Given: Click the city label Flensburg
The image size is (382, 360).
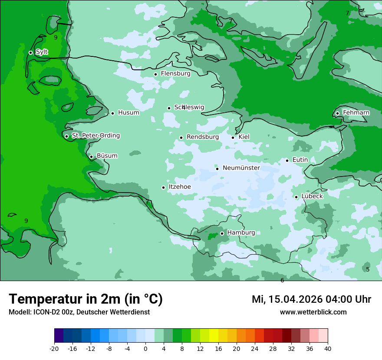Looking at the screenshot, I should tap(175, 74).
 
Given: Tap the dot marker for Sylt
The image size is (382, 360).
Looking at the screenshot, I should tap(30, 52).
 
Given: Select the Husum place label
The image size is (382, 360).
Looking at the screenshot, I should tap(128, 113).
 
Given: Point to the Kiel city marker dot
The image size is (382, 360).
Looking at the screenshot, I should tap(233, 137).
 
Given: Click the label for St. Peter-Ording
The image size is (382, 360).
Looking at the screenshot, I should tap(95, 136).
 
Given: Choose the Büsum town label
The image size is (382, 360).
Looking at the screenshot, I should tap(107, 156).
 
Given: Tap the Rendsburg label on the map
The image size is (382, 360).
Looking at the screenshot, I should tap(202, 137).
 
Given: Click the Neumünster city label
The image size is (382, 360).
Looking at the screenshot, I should tap(241, 168).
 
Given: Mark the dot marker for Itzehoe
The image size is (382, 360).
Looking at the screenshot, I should tap(163, 187).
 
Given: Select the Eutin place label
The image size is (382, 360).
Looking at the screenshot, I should tap(300, 160).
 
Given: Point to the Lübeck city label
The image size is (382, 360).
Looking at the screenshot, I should tap(312, 196).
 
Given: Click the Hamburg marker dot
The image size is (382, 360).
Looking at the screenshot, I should tap(222, 233).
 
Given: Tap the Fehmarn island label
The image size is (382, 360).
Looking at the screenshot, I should tap(356, 113).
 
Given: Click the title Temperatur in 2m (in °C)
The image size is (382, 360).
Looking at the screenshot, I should tap(86, 299).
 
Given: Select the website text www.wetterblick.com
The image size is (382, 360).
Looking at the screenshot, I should tap(313, 312).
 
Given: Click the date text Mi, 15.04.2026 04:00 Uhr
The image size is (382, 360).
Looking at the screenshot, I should tap(311, 299).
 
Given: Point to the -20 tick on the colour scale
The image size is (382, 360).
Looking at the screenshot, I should tap(54, 349).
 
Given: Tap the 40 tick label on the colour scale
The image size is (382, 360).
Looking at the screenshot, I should tap(327, 349).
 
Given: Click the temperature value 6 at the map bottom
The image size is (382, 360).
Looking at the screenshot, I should tap(282, 280).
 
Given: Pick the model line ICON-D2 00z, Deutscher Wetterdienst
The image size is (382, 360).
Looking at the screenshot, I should tap(79, 312).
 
